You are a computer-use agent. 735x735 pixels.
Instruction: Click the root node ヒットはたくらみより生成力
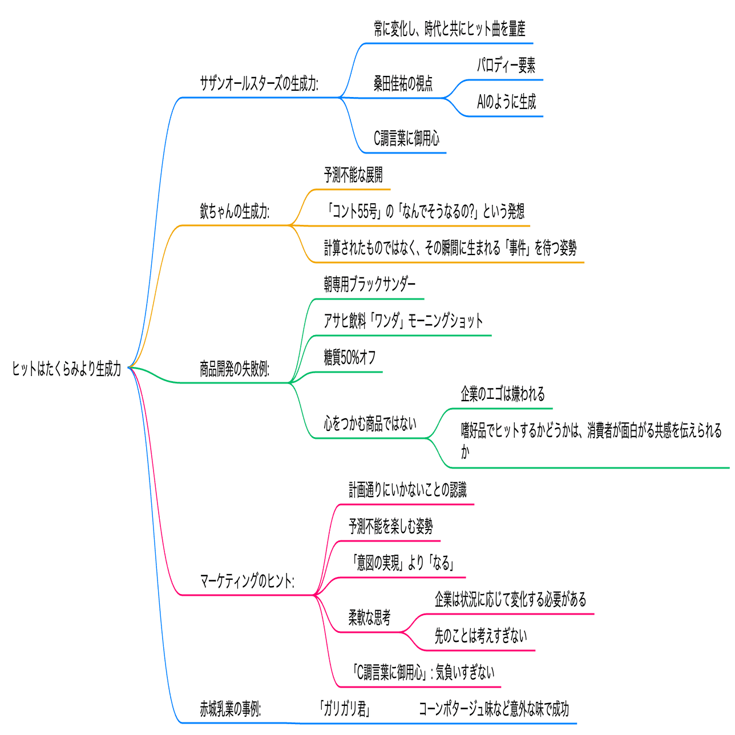67,369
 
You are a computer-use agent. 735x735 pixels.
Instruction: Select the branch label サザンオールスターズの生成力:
259,84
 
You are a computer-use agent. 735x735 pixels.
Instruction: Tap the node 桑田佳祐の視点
403,84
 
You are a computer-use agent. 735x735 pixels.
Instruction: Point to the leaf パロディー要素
506,66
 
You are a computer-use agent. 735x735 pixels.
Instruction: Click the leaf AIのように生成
506,102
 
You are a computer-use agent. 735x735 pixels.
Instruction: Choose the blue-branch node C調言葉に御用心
406,139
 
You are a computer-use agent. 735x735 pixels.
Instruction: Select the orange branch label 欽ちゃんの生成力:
235,212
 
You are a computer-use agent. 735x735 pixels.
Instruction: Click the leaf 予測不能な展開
353,175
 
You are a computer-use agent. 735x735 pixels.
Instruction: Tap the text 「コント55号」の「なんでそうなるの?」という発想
424,212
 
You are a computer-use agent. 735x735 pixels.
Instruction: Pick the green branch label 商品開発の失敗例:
235,369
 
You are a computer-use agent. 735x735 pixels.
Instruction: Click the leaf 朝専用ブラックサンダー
370,284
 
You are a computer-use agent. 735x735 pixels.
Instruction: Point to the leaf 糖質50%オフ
350,358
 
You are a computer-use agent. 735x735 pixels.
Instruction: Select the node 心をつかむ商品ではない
370,423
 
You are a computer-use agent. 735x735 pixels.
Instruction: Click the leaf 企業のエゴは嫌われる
503,394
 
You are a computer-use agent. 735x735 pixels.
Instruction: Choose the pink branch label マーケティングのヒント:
247,581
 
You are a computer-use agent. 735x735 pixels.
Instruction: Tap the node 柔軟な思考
369,617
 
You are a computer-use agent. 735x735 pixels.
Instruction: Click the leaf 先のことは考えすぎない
480,636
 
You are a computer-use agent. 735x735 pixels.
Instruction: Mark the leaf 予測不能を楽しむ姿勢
391,526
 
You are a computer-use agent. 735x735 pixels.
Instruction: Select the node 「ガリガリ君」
345,709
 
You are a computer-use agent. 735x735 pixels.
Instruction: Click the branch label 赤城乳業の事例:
230,709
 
